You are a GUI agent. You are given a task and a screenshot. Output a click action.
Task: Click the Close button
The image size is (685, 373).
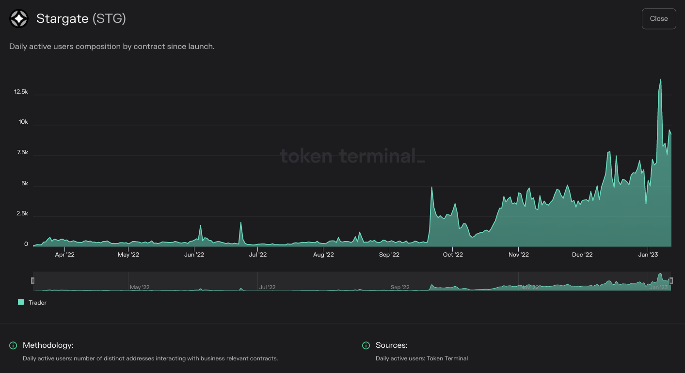pos(658,19)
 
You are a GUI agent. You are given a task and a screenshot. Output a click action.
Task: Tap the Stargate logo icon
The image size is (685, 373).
pos(19,19)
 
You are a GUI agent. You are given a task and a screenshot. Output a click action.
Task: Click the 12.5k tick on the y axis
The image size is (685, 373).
pos(21,92)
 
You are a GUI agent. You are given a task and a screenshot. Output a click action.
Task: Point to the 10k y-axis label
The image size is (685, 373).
pos(23,122)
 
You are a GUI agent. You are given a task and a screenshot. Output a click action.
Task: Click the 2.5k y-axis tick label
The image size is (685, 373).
pos(21,214)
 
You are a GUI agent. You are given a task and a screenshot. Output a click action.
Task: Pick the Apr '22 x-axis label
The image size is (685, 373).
pos(65,254)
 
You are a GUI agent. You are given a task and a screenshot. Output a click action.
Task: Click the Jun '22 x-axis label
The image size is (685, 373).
pos(194,254)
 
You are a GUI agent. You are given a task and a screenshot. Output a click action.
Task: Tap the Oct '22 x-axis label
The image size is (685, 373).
pos(453,254)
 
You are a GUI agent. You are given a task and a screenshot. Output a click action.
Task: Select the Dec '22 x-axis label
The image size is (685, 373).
pos(582,254)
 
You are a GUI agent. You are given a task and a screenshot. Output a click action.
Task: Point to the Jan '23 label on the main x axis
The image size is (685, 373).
pos(648,254)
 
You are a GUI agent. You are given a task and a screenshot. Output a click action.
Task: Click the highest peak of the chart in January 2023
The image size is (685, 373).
pos(660,80)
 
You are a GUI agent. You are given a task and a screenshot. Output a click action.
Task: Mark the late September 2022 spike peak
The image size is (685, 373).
pos(431,187)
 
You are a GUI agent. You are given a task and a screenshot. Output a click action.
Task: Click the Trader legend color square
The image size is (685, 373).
pos(21,302)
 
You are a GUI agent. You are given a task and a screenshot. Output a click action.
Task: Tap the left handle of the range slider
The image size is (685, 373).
pos(33,280)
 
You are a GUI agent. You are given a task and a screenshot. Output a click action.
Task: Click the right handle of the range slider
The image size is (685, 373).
pos(671,280)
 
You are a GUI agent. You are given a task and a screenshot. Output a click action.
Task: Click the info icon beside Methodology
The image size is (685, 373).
pos(13,345)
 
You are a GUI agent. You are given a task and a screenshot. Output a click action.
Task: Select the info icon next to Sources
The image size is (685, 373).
pos(366,345)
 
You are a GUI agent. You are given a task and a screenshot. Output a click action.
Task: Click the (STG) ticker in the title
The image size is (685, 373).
pos(109,19)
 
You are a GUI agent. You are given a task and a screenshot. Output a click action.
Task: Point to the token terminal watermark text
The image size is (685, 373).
pos(352,156)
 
